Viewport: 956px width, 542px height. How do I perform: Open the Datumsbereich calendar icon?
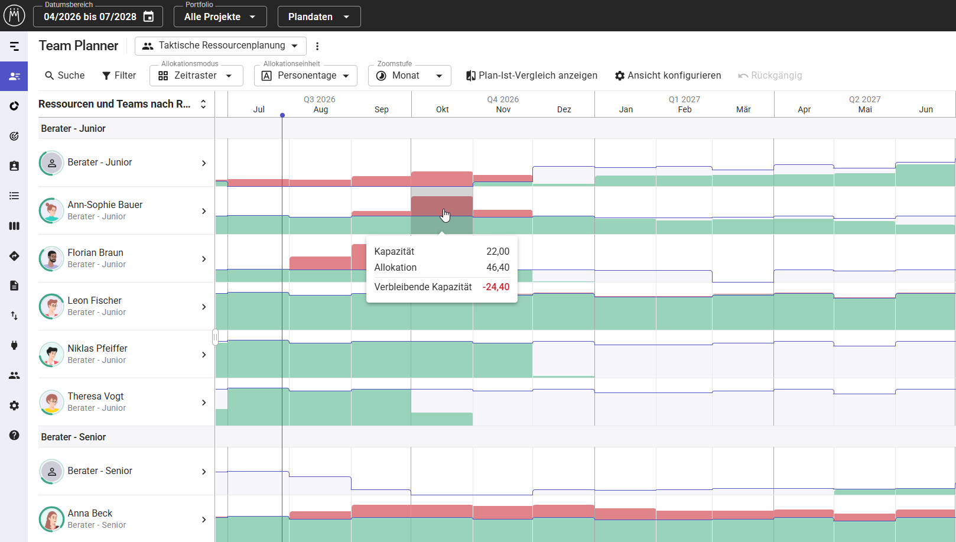tap(148, 17)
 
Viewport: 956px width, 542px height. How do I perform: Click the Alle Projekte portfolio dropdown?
tap(220, 17)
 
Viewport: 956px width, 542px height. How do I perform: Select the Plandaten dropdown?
tap(319, 17)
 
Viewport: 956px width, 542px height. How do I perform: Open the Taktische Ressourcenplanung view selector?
tap(220, 46)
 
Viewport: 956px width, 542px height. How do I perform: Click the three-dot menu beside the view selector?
tap(317, 46)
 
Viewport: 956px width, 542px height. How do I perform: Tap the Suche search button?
tap(65, 76)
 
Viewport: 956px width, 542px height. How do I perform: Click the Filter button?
tap(119, 76)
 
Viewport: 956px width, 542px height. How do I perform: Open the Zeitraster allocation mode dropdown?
tap(196, 76)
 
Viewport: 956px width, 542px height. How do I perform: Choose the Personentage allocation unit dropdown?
tap(305, 76)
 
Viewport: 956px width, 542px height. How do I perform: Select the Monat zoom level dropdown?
tap(409, 76)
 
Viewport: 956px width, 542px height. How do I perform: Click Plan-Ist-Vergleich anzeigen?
tap(532, 76)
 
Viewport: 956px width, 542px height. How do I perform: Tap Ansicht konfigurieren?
tap(668, 76)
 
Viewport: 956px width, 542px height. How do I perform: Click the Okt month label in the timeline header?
tap(442, 109)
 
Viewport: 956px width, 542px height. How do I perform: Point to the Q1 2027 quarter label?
tap(684, 99)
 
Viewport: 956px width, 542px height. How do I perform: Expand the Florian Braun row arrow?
tap(204, 259)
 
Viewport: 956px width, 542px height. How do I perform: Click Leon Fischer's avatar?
tap(51, 306)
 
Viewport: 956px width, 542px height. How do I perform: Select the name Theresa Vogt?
tap(96, 396)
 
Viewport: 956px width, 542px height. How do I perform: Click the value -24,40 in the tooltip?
tap(496, 287)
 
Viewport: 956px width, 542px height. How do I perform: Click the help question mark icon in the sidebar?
tap(14, 435)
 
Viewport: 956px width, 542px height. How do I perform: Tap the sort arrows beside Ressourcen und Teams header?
tap(203, 104)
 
